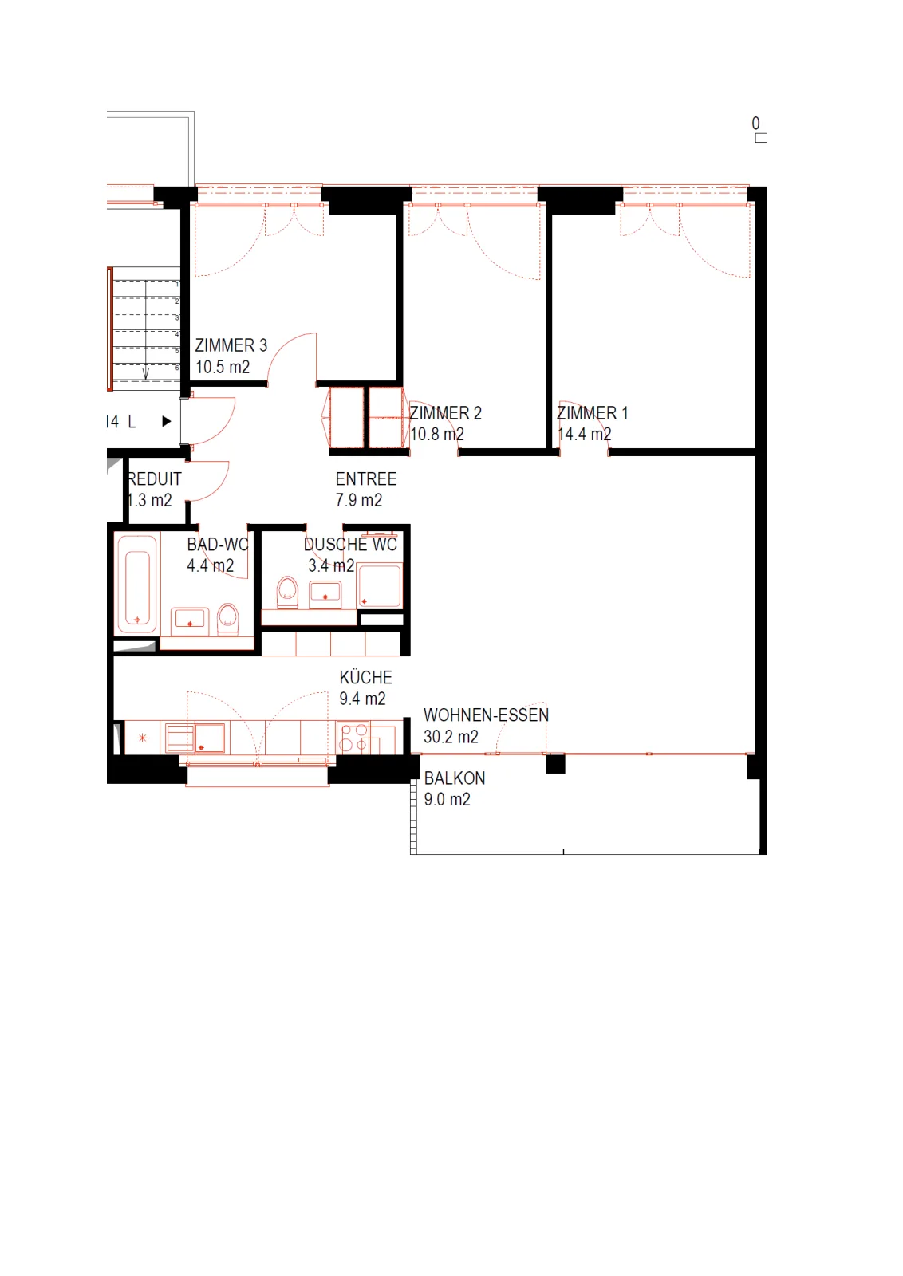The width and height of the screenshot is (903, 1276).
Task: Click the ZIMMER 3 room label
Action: pyautogui.click(x=231, y=345)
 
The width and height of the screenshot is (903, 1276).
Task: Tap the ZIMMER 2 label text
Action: pyautogui.click(x=446, y=413)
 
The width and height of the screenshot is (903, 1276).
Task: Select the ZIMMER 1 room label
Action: pyautogui.click(x=593, y=413)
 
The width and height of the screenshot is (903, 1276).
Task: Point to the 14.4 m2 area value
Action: pyautogui.click(x=584, y=434)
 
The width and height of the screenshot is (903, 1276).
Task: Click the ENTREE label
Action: pyautogui.click(x=366, y=479)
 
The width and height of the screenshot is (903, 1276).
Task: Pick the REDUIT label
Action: pyautogui.click(x=155, y=479)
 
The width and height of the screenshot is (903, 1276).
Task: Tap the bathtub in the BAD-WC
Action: pyautogui.click(x=137, y=584)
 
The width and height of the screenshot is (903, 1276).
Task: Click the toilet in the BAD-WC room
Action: pyautogui.click(x=228, y=619)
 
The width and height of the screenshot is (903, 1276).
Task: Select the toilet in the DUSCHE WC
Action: pyautogui.click(x=287, y=593)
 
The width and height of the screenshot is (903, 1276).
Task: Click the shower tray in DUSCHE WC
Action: pyautogui.click(x=380, y=585)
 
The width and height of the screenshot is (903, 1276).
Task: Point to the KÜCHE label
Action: pyautogui.click(x=366, y=677)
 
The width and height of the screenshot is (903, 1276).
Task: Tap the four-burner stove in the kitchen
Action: pyautogui.click(x=353, y=738)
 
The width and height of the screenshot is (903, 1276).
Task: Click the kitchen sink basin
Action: pyautogui.click(x=211, y=738)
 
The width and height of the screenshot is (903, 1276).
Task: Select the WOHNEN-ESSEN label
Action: pyautogui.click(x=486, y=715)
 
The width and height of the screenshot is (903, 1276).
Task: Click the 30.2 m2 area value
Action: pyautogui.click(x=451, y=737)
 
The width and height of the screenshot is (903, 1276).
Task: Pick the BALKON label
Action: pyautogui.click(x=455, y=778)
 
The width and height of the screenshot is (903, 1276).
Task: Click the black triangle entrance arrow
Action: pyautogui.click(x=167, y=422)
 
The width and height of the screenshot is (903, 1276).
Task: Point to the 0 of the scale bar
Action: pyautogui.click(x=755, y=123)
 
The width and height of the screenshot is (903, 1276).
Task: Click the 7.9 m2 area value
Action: pyautogui.click(x=358, y=500)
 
